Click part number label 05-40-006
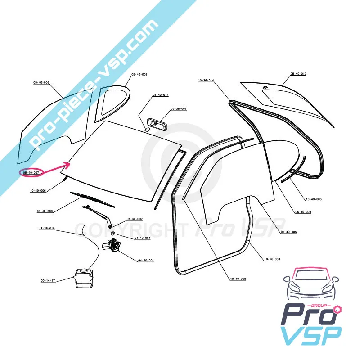(41, 83)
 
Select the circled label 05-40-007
(31, 172)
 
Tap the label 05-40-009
(139, 74)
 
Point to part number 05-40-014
(160, 95)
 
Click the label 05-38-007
(178, 109)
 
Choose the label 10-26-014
(206, 80)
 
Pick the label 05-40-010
(298, 74)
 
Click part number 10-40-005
(313, 199)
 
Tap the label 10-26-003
(272, 259)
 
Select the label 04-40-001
(146, 261)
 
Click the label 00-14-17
(48, 280)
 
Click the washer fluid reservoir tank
(83, 278)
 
